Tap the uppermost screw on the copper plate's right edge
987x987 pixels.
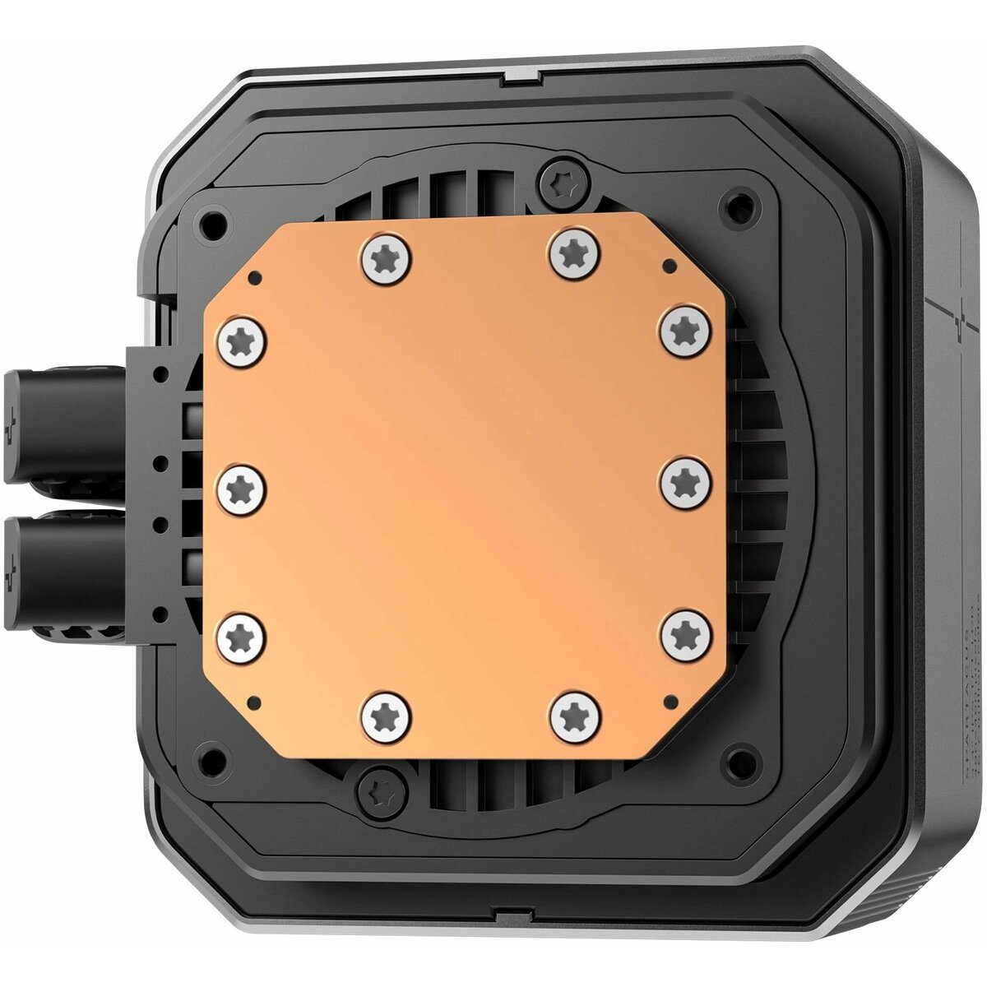click(687, 332)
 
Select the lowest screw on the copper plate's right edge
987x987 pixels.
click(687, 634)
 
